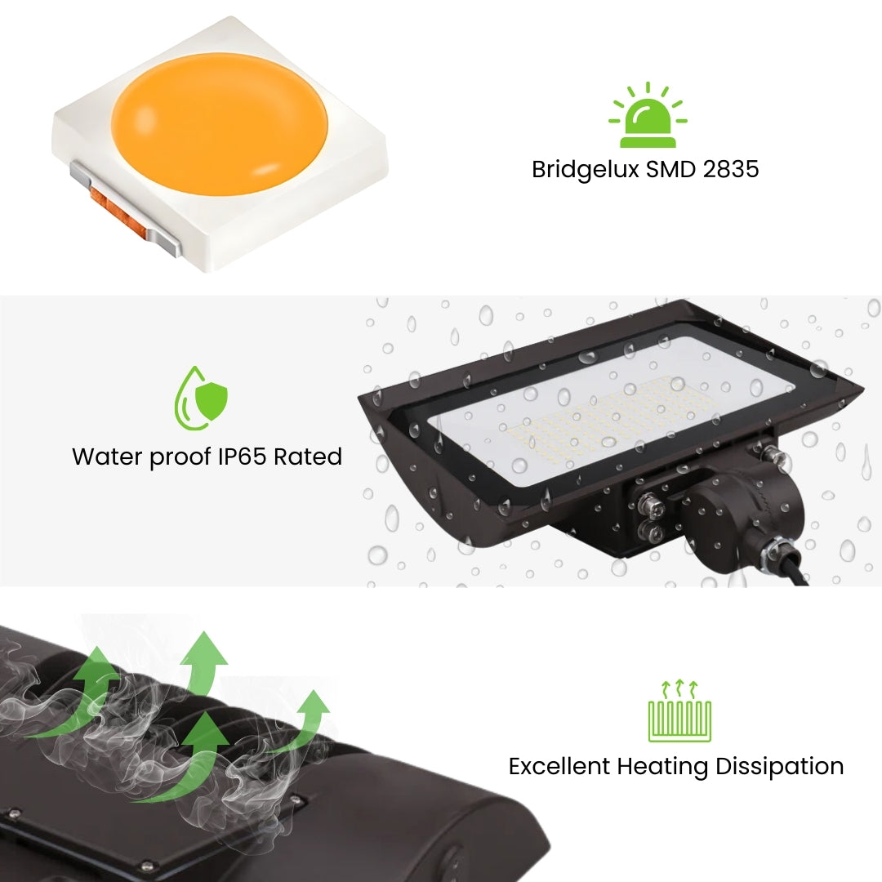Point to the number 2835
[730, 170]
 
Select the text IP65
[243, 457]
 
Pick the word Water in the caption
[107, 457]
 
